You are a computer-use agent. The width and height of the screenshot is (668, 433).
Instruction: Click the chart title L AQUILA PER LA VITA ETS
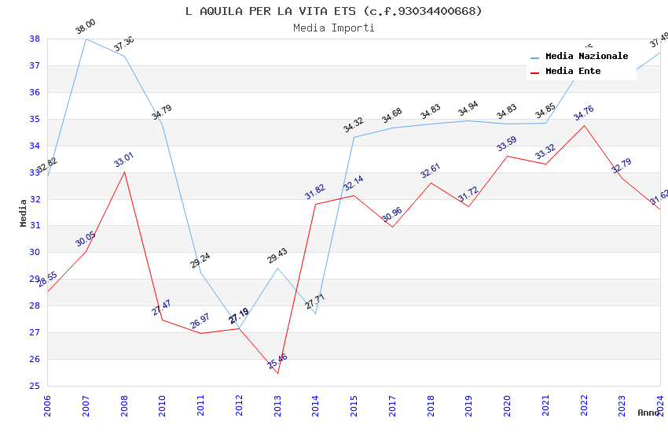point(333,11)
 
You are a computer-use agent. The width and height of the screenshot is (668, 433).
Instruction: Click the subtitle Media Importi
point(333,28)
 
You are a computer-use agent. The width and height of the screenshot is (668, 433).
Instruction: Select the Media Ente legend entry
point(573,72)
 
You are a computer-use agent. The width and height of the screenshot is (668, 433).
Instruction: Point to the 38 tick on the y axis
point(35,39)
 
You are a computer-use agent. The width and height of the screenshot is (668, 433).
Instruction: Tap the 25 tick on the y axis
point(35,386)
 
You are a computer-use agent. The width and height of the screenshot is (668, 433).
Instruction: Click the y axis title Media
point(24,213)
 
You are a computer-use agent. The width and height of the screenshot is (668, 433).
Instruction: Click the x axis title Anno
point(649,413)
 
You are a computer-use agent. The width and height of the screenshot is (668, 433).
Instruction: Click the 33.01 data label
point(124,160)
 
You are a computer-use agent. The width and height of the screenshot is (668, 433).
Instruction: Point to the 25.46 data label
point(277,361)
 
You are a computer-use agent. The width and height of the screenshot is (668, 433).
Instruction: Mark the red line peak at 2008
point(124,172)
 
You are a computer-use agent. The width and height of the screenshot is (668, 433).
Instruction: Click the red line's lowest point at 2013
point(277,373)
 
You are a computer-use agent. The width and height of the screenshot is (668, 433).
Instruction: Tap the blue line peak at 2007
point(86,39)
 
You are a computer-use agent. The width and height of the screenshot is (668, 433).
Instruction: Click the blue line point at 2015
point(354,137)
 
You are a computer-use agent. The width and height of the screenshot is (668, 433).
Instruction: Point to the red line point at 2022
point(584,125)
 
